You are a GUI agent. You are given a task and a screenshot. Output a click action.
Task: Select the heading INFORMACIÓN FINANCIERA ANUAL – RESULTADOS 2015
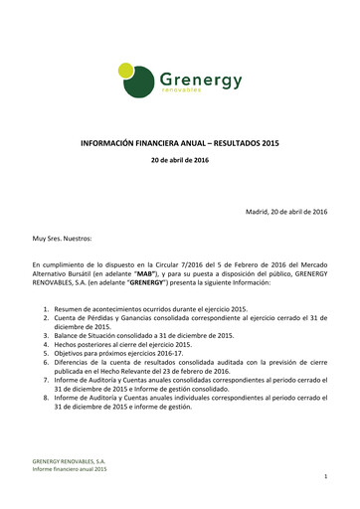[x=180, y=143]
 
